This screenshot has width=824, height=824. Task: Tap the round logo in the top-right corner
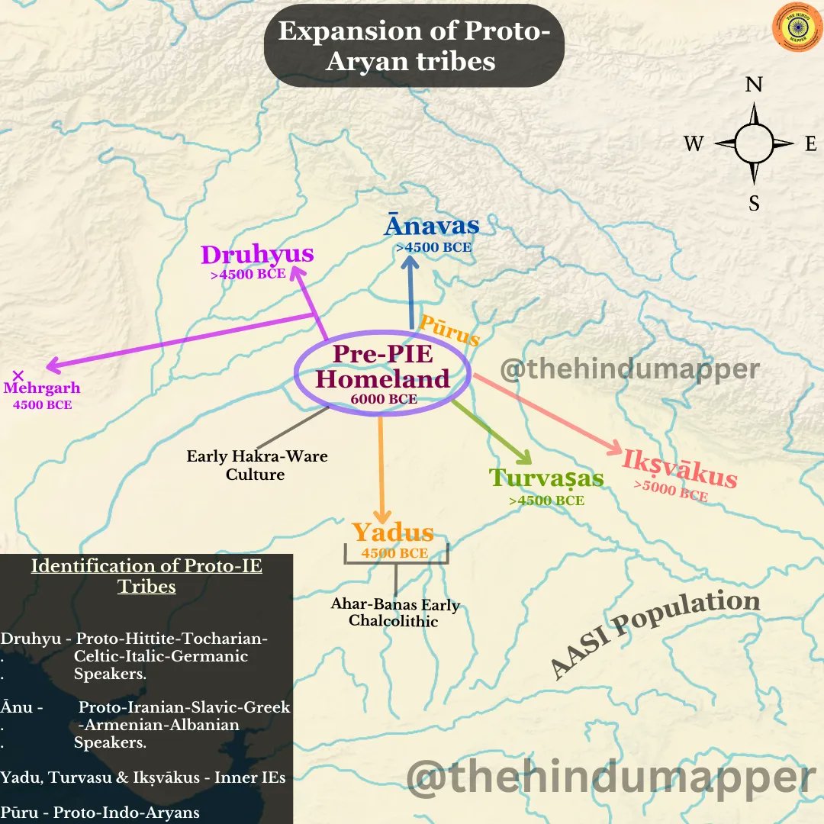(793, 29)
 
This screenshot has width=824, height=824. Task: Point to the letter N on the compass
(754, 85)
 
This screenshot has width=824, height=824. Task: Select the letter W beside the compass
(694, 143)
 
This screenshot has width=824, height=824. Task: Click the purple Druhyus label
(257, 255)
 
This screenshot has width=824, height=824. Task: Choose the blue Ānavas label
(432, 226)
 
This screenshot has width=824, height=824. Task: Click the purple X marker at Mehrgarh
(19, 375)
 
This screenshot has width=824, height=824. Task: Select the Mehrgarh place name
(42, 388)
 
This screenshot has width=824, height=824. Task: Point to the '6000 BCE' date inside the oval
(383, 399)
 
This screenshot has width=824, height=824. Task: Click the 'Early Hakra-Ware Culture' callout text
(256, 465)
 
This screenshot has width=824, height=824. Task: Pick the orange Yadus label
(392, 533)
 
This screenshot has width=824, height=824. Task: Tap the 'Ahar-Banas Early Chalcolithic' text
(394, 613)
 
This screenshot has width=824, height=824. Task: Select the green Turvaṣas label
(546, 478)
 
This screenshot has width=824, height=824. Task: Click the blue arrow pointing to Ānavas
(411, 294)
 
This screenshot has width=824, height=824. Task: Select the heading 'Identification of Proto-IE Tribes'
(146, 576)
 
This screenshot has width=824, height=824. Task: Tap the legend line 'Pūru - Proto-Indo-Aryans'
(100, 812)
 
